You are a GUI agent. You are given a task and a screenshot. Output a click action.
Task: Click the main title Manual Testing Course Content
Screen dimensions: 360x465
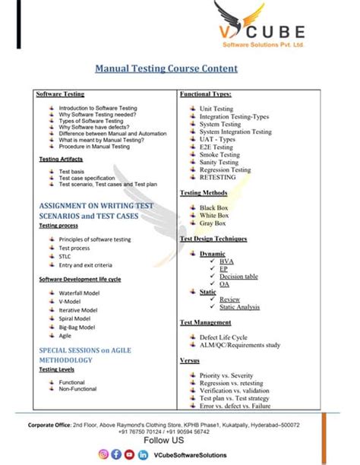tap(166, 69)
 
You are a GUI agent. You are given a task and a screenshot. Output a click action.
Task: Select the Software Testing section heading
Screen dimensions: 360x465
tap(60, 94)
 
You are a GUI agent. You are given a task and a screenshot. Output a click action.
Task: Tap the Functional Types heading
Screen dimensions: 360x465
tap(205, 94)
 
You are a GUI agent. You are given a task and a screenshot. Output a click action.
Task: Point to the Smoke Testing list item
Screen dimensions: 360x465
tap(219, 154)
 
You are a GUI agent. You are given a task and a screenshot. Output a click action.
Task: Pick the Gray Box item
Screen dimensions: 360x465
tap(213, 223)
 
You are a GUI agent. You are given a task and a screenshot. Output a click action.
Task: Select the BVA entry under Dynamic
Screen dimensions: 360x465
tap(226, 261)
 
